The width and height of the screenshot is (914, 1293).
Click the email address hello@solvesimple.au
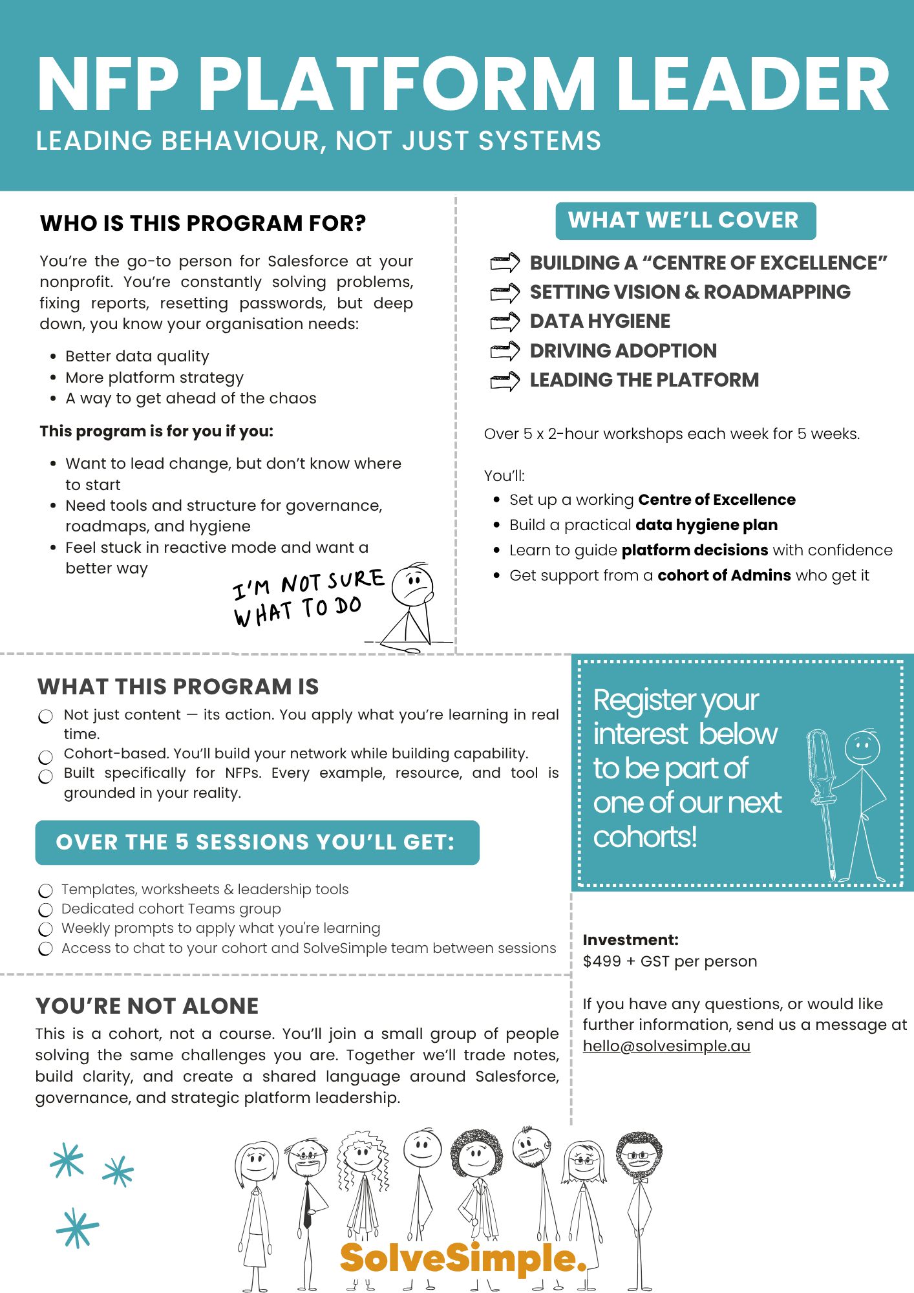(666, 1046)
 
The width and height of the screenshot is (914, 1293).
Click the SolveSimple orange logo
(463, 1257)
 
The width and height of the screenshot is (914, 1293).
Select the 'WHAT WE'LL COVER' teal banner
(685, 220)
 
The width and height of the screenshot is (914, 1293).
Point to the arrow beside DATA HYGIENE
(505, 321)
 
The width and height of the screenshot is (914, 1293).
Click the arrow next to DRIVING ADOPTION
(505, 350)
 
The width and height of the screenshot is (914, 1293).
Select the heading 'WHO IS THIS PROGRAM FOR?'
(203, 223)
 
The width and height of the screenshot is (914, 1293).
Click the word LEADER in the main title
(753, 85)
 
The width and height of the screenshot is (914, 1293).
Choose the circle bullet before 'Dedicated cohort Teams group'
(45, 910)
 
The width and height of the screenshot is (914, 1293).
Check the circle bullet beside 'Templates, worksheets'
(45, 891)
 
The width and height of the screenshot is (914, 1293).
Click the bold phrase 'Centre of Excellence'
(716, 500)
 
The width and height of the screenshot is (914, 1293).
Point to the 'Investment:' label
(630, 940)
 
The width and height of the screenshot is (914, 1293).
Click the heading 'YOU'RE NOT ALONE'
(147, 1006)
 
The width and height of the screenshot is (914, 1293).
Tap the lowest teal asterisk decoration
(77, 1227)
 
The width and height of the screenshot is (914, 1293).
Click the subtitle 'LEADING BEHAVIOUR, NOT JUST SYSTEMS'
(318, 141)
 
